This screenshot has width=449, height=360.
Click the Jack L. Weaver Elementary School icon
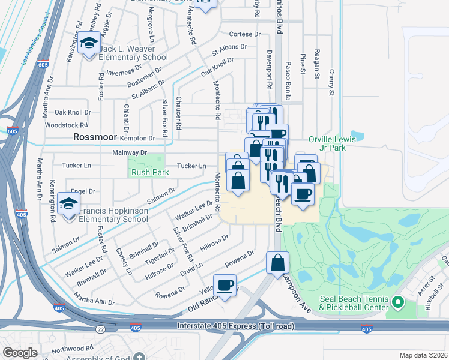point(89,44)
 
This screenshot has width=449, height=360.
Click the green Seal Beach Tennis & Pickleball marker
point(396,300)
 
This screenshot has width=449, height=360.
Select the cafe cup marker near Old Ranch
point(224,285)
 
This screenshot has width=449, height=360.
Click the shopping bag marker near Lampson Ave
point(277,262)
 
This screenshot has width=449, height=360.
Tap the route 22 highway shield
point(100,329)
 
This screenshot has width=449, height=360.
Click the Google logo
point(19,353)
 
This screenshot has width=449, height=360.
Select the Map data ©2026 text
point(423,355)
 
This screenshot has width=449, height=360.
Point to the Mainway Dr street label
point(130,153)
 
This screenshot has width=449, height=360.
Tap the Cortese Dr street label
point(244,35)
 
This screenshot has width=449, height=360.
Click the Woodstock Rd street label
point(66,125)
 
